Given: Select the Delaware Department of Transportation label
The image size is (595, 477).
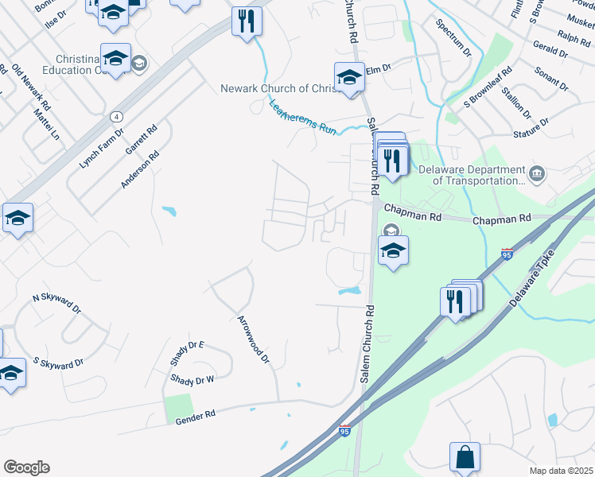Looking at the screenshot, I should (x=480, y=175).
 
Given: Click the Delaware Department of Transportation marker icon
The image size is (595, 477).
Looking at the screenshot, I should (x=537, y=173).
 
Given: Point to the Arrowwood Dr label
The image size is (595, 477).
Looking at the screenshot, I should (x=254, y=339).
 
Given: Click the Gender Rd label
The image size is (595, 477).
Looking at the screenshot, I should (x=196, y=415).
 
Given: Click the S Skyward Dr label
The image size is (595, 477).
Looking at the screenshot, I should (x=58, y=364).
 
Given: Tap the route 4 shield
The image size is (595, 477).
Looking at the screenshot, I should (x=116, y=116).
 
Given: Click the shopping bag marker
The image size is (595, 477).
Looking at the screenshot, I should (x=465, y=457).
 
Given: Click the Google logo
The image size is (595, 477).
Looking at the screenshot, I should (x=26, y=467).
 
